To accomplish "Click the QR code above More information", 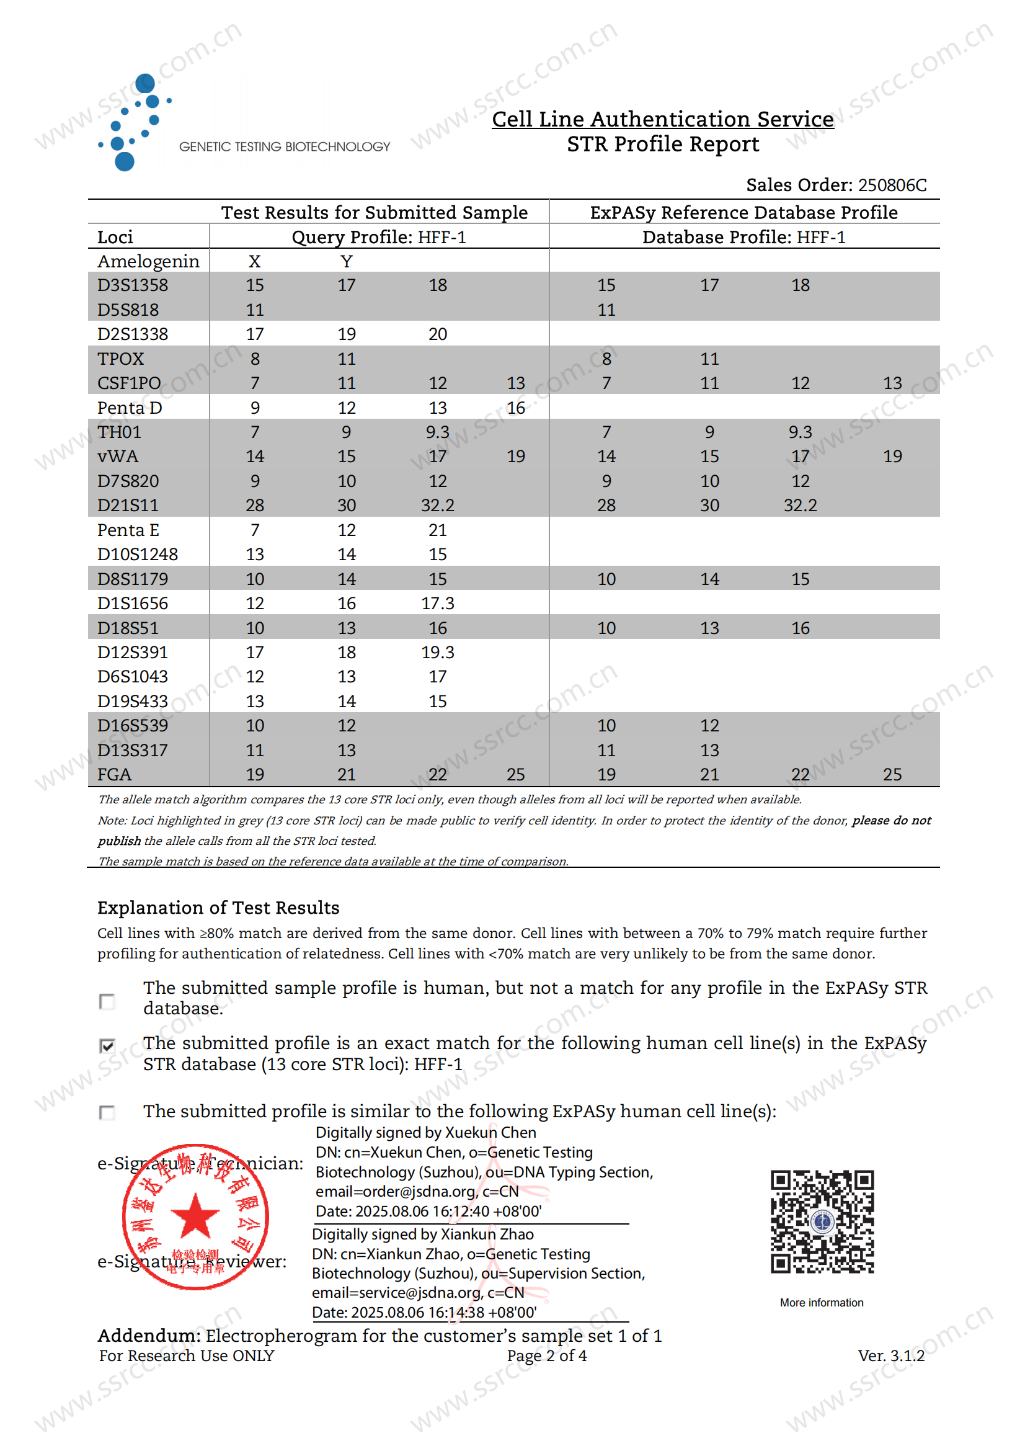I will pos(822,1221).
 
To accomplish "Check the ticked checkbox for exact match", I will pos(107,1045).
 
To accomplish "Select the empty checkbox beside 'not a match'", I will pos(107,1001).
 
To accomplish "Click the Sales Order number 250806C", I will pos(892,185).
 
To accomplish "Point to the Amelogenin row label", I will pos(148,261).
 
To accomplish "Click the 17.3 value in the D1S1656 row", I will pos(438,604).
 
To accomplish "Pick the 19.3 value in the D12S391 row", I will pos(438,652).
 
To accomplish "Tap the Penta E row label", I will pos(128,530).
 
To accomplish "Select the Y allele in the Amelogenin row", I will pos(346,261).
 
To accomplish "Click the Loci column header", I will pos(115,237).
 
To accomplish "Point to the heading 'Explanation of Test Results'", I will pos(218,908).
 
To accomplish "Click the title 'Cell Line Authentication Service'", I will pos(662,119).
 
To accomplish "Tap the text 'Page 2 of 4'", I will pos(546,1355).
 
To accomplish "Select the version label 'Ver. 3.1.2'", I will pos(890,1355).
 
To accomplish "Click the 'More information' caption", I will pos(821,1303).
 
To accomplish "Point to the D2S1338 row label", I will pos(133,334).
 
